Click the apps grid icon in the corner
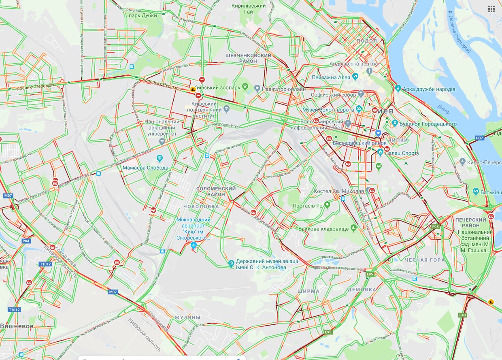pyautogui.click(x=491, y=9)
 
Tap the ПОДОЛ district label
pyautogui.click(x=367, y=40)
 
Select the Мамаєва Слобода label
pyautogui.click(x=145, y=168)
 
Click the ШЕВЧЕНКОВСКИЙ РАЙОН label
pyautogui.click(x=249, y=58)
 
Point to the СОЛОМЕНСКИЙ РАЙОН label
pyautogui.click(x=216, y=192)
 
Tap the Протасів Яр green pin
pyautogui.click(x=327, y=205)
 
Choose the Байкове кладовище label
pyautogui.click(x=323, y=229)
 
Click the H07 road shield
pyautogui.click(x=480, y=138)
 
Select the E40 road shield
pyautogui.click(x=463, y=315)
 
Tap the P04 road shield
pyautogui.click(x=26, y=241)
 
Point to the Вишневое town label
pyautogui.click(x=17, y=326)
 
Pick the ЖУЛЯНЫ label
pyautogui.click(x=187, y=317)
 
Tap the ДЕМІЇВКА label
pyautogui.click(x=362, y=290)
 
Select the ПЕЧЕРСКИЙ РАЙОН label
pyautogui.click(x=473, y=222)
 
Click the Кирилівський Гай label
pyautogui.click(x=249, y=9)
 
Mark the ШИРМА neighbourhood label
pyautogui.click(x=308, y=291)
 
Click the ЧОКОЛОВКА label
pyautogui.click(x=201, y=207)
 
